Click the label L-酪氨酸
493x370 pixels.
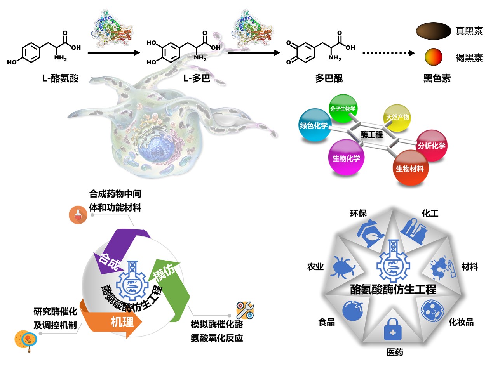pos(60,78)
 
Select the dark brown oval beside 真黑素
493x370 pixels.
pos(433,31)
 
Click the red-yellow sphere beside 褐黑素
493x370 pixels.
pos(433,57)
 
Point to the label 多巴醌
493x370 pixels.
pos(329,78)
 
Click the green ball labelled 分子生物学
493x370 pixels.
pos(343,108)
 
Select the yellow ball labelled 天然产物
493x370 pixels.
pos(397,117)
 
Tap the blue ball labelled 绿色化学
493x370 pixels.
pos(314,125)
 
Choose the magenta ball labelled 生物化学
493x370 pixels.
pos(346,158)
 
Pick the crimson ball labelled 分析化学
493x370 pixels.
pos(431,146)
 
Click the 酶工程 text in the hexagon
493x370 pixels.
pos(371,135)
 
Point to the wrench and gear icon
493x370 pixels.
pos(245,310)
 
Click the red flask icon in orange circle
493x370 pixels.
pos(78,215)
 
